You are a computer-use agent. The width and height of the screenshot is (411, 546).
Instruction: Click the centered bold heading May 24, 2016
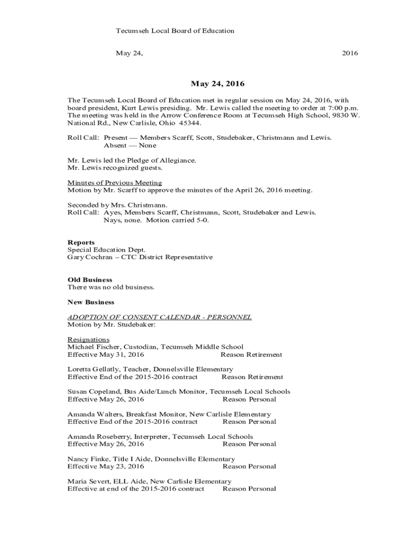217,84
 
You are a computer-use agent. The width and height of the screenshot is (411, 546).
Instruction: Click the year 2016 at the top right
350,53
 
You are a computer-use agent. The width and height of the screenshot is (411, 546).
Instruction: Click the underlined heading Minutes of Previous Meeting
115,183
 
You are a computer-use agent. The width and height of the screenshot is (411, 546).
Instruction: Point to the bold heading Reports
81,243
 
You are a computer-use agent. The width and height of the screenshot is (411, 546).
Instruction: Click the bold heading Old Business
90,280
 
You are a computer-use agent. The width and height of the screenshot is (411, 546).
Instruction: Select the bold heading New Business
91,302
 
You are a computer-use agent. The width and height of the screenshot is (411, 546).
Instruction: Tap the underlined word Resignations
89,340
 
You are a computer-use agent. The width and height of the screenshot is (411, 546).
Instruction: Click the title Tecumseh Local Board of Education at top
175,31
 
